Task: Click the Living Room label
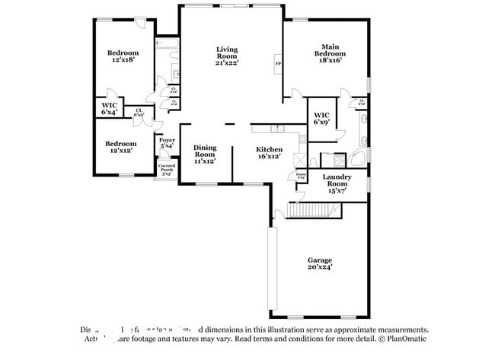[227, 56]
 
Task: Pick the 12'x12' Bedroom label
[121, 147]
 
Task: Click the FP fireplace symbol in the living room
[277, 64]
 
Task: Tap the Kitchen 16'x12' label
[269, 152]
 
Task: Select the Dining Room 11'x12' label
[205, 154]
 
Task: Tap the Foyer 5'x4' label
[167, 142]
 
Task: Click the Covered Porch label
[166, 168]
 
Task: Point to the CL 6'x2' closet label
[139, 112]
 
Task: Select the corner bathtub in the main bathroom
[356, 159]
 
